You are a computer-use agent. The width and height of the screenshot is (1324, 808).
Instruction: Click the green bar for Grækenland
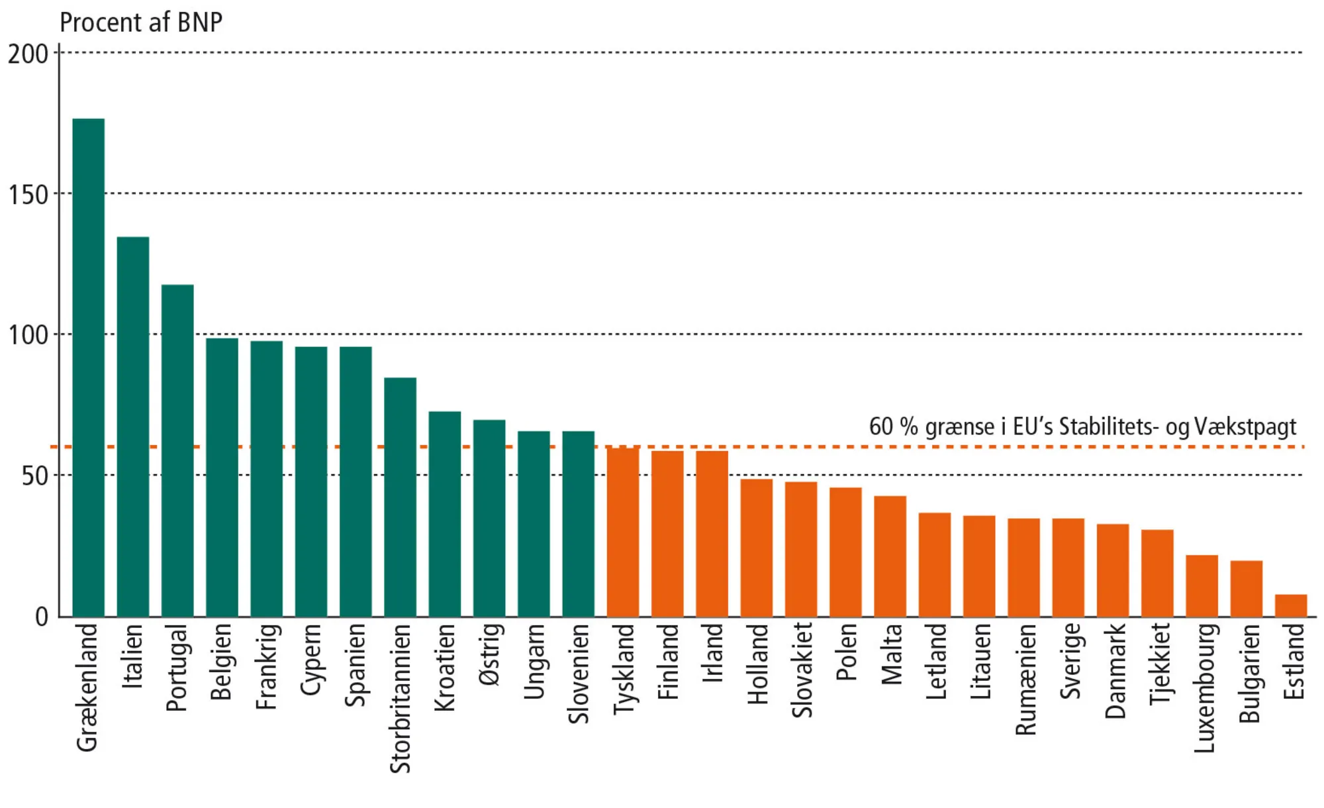[x=88, y=368]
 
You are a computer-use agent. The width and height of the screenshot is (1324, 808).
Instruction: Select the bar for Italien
[x=133, y=427]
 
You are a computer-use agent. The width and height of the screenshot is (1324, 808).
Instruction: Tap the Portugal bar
[x=177, y=450]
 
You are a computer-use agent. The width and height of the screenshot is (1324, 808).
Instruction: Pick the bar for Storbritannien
[x=400, y=497]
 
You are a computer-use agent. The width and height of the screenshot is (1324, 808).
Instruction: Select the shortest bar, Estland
[x=1291, y=605]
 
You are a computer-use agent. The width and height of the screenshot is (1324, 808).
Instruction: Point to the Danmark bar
[x=1113, y=570]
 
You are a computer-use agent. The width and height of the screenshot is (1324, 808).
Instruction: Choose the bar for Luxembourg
[x=1202, y=585]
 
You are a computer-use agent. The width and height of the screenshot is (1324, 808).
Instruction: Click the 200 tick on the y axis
[x=28, y=54]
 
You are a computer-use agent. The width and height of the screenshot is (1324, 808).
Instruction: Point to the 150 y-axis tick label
[x=28, y=195]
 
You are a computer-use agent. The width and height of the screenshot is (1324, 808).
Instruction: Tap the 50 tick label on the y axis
[x=34, y=476]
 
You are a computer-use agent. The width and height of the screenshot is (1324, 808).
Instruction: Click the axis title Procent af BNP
[x=141, y=23]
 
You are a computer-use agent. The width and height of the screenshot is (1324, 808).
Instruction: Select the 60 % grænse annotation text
[x=1082, y=427]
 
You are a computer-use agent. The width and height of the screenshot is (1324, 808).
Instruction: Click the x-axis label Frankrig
[x=267, y=666]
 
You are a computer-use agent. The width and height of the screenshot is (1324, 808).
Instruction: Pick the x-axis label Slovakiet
[x=802, y=670]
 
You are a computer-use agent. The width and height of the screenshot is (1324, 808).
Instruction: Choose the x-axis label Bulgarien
[x=1248, y=673]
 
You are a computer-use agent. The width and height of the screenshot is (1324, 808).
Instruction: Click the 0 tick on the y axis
[x=41, y=617]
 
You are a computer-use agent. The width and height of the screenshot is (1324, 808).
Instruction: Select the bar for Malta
[x=890, y=556]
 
